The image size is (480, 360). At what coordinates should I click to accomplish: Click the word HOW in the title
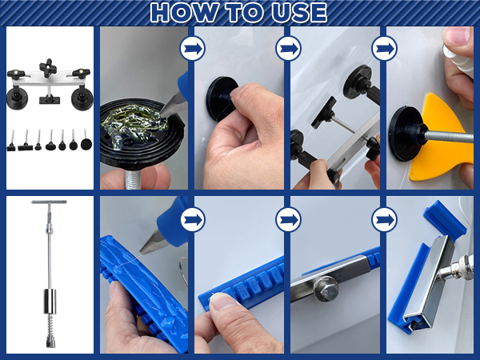tap(182, 13)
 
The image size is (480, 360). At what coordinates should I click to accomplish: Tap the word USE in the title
tap(299, 13)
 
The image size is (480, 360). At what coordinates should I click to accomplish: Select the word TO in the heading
tap(243, 13)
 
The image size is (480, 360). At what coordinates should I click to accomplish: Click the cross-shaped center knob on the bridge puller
tap(48, 67)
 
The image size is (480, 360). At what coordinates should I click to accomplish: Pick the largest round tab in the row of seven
tap(86, 144)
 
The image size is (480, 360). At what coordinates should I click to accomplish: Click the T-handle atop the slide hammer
tap(49, 202)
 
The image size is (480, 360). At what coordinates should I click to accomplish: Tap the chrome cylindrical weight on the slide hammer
tap(50, 302)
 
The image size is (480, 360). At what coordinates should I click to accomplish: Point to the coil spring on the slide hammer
tap(50, 325)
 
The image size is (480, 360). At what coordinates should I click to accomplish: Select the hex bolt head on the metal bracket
tap(327, 290)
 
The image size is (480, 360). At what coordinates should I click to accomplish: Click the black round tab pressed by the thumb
tap(221, 98)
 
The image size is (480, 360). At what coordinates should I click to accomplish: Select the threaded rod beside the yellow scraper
tap(450, 137)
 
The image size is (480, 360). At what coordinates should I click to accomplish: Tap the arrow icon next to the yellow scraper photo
tap(385, 48)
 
